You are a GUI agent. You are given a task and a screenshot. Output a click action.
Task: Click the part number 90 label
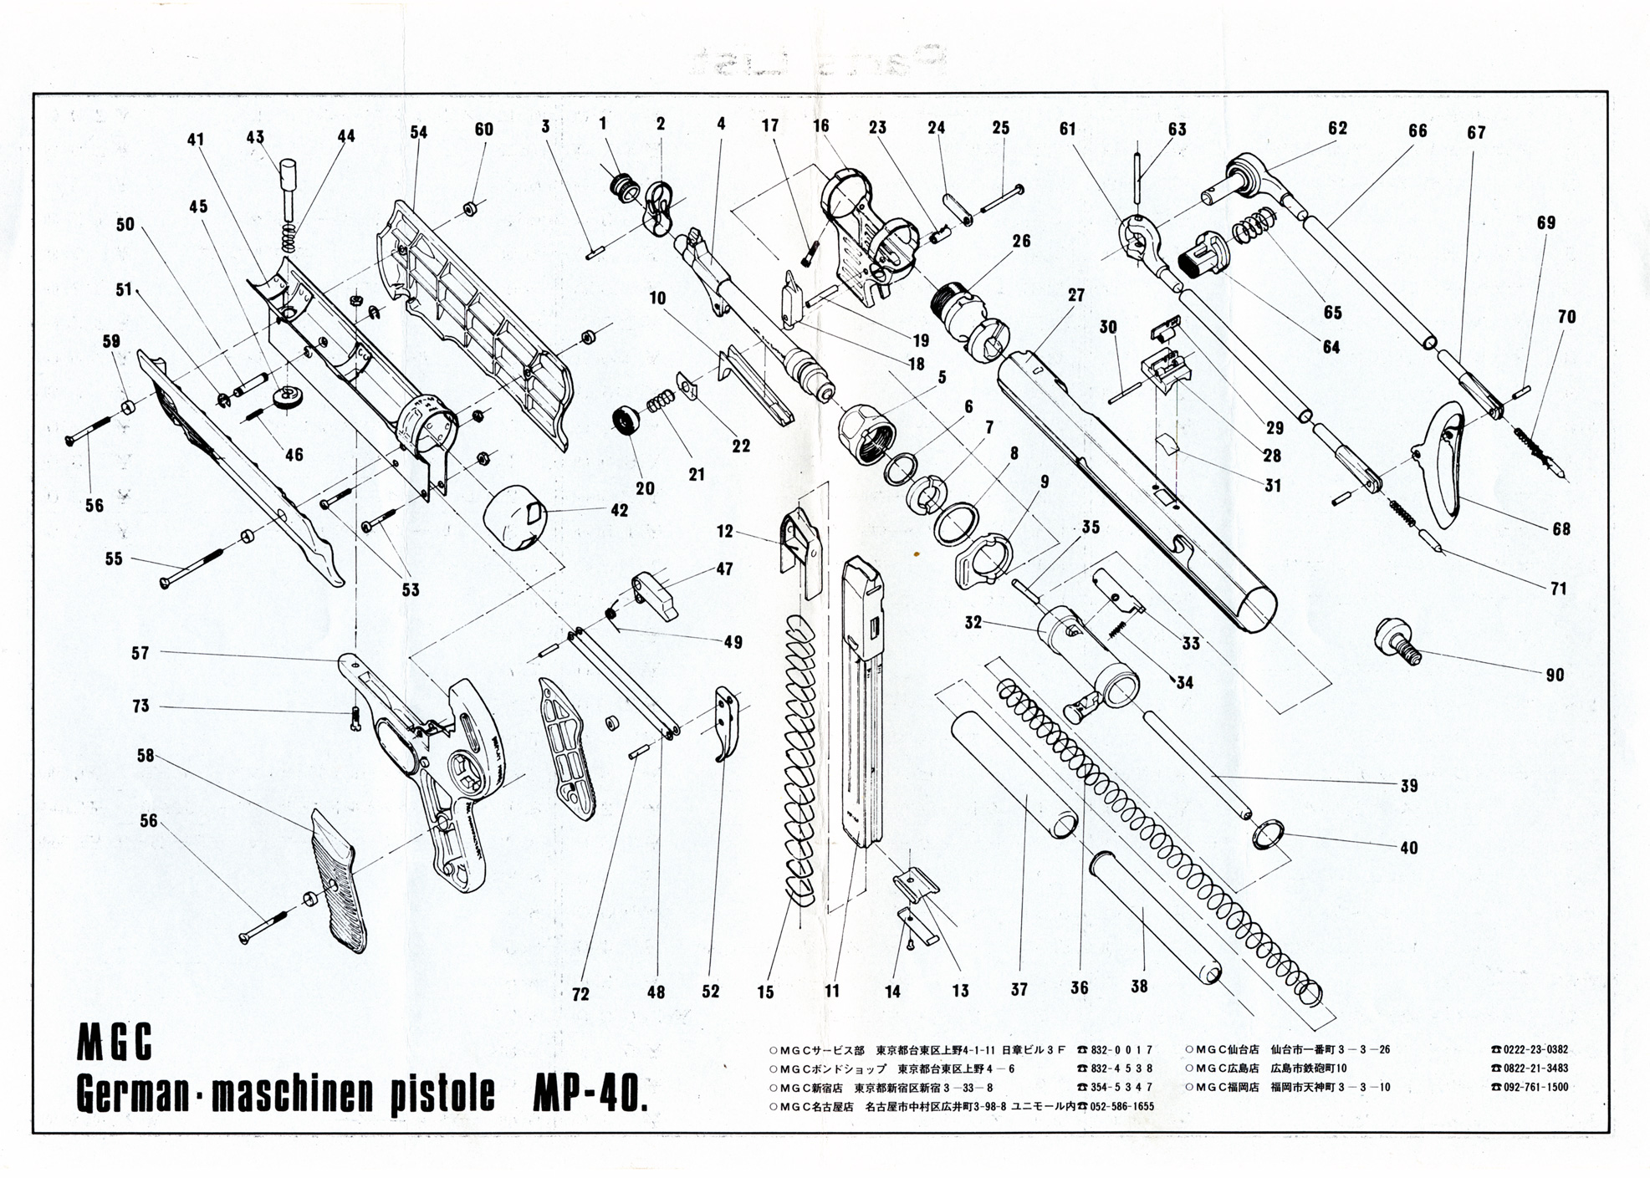[1554, 675]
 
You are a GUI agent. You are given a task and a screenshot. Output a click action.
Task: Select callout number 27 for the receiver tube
[1075, 295]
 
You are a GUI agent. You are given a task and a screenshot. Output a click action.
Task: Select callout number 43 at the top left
[255, 137]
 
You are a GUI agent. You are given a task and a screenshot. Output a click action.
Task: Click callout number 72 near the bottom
[580, 994]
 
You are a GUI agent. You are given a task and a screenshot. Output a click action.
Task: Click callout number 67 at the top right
[1476, 132]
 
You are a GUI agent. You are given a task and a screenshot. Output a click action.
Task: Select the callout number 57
[140, 652]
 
